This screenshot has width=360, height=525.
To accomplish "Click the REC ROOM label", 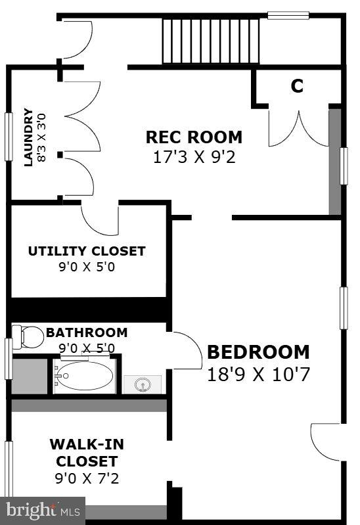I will [x=194, y=137].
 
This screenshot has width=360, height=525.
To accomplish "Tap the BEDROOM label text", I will [x=258, y=352].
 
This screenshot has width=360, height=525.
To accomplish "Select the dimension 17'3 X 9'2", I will [x=194, y=158].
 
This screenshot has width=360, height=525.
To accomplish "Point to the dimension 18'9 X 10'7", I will [x=258, y=374].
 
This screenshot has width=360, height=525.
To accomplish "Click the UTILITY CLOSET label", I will [x=87, y=251].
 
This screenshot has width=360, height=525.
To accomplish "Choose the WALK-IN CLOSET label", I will [x=87, y=453].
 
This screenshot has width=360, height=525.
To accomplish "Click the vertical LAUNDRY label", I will [x=28, y=137].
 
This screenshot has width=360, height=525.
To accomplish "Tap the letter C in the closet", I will [x=297, y=86].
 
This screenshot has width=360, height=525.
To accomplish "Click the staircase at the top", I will [x=211, y=41].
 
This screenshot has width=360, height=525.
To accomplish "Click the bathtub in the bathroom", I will [x=83, y=377].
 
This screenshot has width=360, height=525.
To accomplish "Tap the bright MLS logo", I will [x=43, y=510].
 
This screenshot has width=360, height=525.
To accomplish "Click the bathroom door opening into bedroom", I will [x=186, y=351].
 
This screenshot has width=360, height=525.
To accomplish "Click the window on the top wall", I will [x=288, y=15].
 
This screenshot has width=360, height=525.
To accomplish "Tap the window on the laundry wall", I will [x=9, y=137].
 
